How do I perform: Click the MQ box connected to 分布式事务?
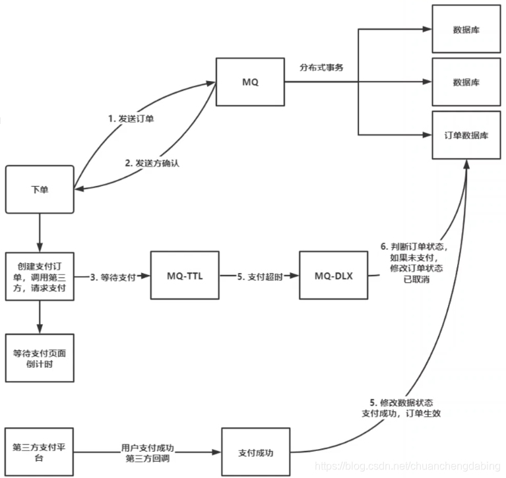(250, 82)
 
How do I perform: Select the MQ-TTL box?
(185, 276)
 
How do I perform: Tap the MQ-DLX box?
(333, 276)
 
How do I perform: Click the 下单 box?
(40, 189)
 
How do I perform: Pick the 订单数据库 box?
(466, 134)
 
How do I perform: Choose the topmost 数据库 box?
(466, 30)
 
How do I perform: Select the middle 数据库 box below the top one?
(466, 82)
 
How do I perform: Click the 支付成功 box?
(255, 453)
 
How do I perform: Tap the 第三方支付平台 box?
(40, 452)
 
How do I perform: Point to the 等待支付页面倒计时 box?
(40, 358)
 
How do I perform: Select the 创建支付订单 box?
(40, 276)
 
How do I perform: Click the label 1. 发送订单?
(132, 119)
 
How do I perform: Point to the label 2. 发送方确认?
(152, 163)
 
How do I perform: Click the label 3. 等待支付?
(113, 277)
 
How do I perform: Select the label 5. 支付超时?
(261, 277)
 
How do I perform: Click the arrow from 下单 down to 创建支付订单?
(40, 231)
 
